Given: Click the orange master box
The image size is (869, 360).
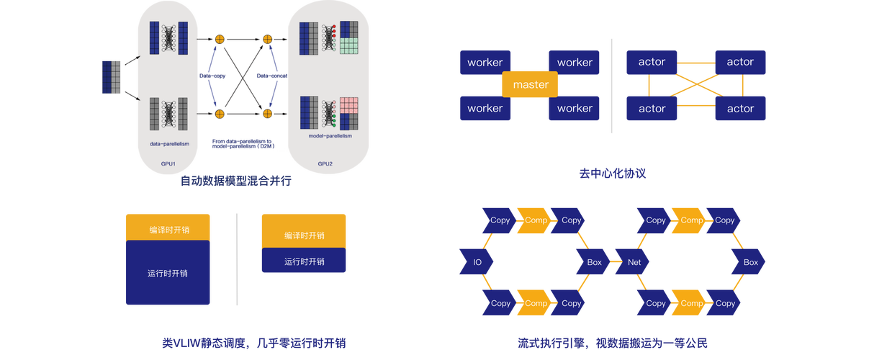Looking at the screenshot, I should (x=531, y=85).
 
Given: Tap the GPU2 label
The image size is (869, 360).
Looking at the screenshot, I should (x=325, y=163).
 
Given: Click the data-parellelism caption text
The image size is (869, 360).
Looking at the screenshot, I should (x=170, y=144).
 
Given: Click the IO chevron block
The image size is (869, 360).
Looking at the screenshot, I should (x=477, y=262).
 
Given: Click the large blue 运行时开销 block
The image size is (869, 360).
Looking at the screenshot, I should (x=167, y=273).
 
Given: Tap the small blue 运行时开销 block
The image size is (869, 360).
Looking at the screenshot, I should (x=304, y=261).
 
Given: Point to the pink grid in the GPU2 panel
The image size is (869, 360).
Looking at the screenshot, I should (x=349, y=108).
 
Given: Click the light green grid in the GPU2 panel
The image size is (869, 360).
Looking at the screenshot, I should (x=349, y=46).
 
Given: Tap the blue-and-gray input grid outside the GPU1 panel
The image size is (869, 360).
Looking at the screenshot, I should (x=112, y=77).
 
